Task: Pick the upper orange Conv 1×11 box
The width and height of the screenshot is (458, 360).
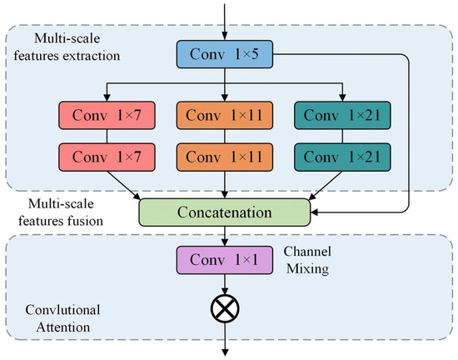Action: click(223, 114)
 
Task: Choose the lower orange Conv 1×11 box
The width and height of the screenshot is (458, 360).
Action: click(223, 156)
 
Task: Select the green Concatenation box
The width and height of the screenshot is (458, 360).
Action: click(224, 212)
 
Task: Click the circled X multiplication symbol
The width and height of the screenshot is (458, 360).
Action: click(223, 310)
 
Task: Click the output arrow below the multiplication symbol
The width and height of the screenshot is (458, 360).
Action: click(223, 340)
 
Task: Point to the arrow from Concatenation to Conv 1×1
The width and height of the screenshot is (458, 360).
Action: click(223, 238)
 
